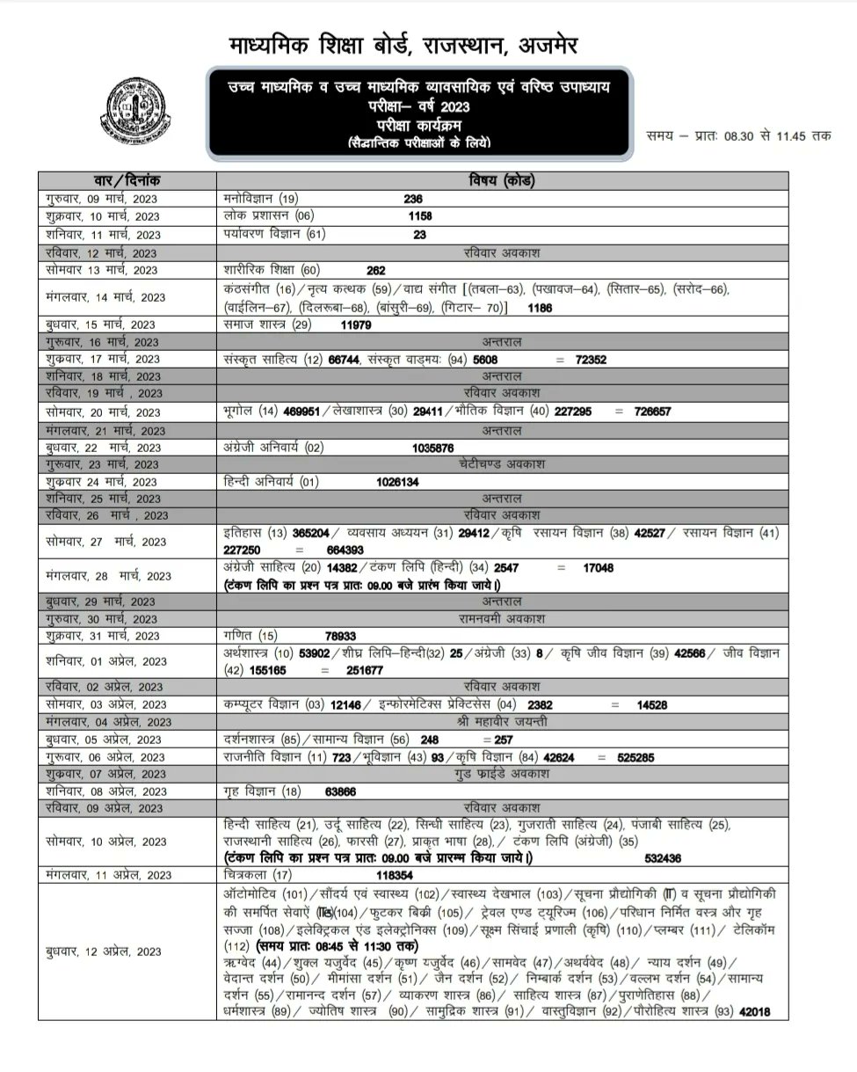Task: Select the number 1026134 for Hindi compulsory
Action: click(x=397, y=481)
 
